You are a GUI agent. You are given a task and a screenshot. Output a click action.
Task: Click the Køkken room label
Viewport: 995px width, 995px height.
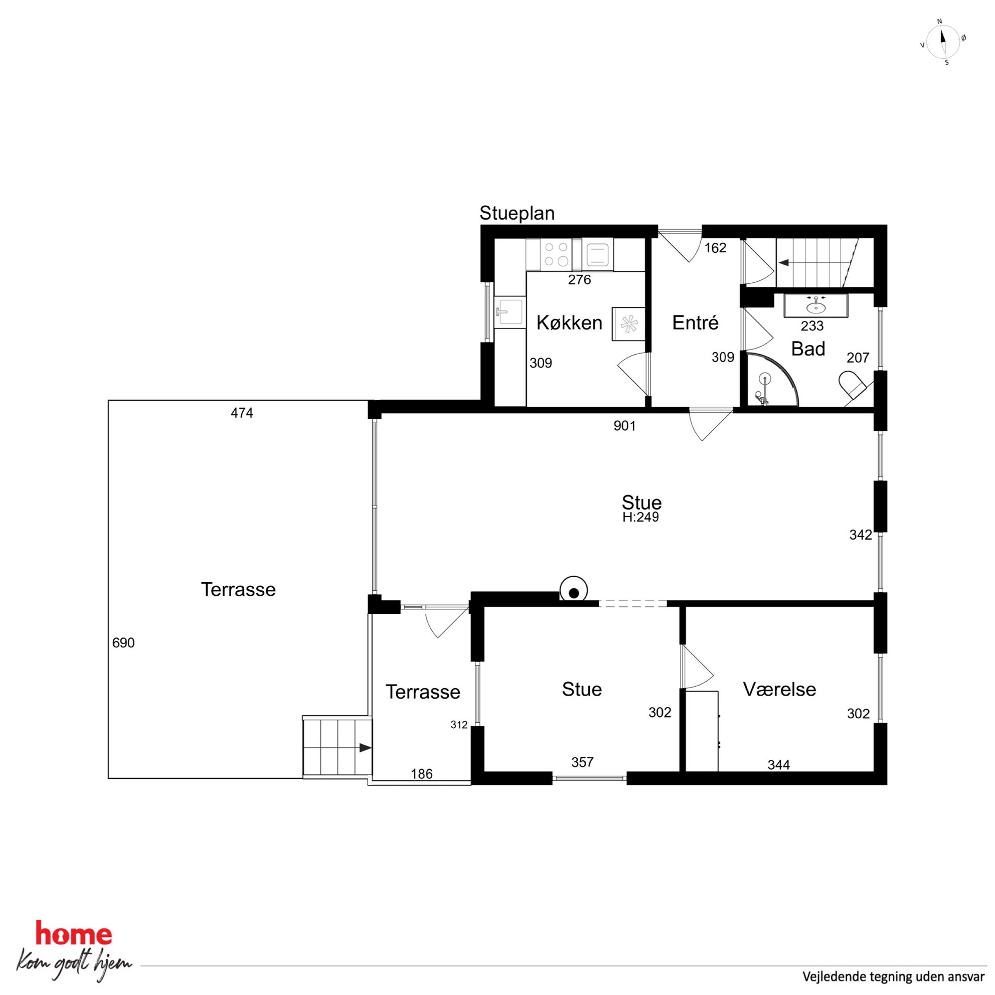569,323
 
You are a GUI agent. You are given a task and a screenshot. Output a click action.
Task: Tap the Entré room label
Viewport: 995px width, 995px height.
695,323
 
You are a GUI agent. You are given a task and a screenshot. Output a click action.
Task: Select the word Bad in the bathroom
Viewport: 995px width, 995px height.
808,349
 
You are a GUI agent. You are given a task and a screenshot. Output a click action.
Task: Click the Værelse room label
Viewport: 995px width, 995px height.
779,689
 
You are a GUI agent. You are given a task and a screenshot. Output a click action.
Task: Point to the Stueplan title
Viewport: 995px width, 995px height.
517,213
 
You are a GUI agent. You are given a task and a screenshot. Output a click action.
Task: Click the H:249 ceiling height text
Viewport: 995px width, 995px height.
640,517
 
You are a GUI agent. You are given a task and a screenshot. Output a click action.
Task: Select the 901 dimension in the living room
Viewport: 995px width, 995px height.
625,426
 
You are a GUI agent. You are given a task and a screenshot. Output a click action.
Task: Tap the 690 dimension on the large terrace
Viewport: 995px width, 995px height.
123,643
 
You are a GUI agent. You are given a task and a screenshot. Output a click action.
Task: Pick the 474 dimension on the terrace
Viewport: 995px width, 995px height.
242,413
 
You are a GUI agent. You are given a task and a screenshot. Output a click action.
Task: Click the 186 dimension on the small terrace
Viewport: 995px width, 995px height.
422,774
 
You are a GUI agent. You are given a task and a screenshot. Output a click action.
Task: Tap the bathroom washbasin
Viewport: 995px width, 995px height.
815,306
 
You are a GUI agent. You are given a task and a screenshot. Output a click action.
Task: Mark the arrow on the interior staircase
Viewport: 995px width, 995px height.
784,263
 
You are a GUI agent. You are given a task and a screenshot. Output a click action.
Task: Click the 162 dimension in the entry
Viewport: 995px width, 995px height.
715,248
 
